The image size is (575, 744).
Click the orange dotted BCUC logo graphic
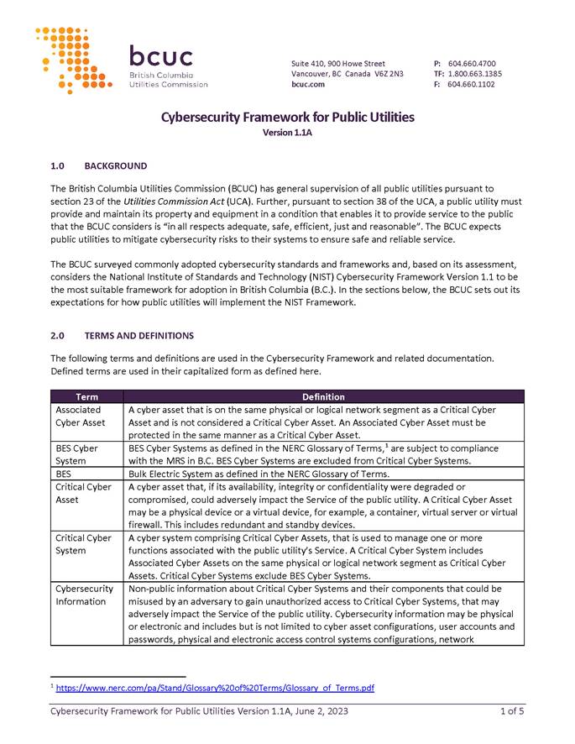[73, 60]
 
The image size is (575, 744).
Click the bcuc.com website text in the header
[308, 85]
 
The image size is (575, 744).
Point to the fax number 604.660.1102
[471, 85]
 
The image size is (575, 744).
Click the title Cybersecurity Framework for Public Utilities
[287, 117]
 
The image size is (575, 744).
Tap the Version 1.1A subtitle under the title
[287, 133]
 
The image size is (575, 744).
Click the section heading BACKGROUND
[116, 166]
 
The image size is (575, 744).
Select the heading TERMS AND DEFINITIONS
[139, 336]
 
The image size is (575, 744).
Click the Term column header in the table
[86, 396]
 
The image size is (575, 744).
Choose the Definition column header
[323, 396]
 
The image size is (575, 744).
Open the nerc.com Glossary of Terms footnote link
[215, 688]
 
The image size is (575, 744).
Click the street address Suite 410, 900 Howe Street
[338, 64]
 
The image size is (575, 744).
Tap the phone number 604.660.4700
[472, 64]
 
